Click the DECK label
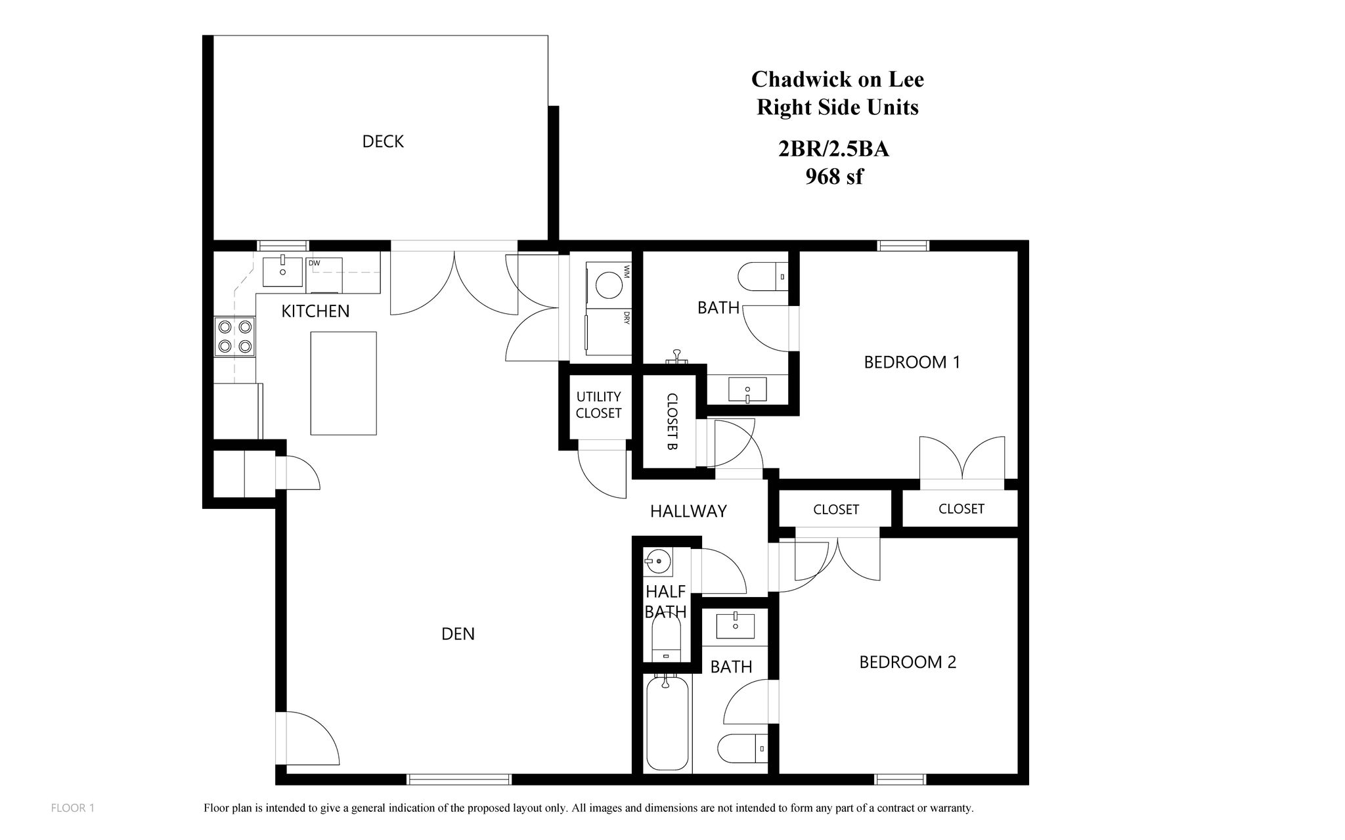point(383,142)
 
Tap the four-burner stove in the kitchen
point(235,336)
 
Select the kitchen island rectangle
point(343,383)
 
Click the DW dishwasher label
point(314,263)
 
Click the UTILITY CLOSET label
point(598,405)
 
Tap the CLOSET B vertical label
point(672,421)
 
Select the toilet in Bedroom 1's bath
point(762,276)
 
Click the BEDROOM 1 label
point(912,363)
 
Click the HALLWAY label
point(688,511)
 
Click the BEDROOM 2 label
point(908,662)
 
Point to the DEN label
point(458,634)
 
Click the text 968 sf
point(834,177)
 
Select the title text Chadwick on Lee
point(837,79)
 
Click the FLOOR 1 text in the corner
point(73,808)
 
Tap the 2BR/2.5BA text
point(833,150)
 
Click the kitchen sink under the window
point(282,272)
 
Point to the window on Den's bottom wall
point(459,780)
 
